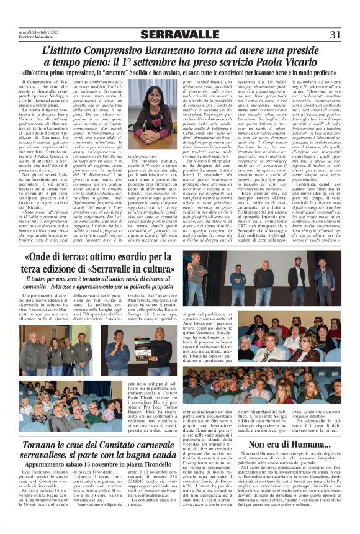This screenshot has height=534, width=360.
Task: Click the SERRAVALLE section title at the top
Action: [180, 34]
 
